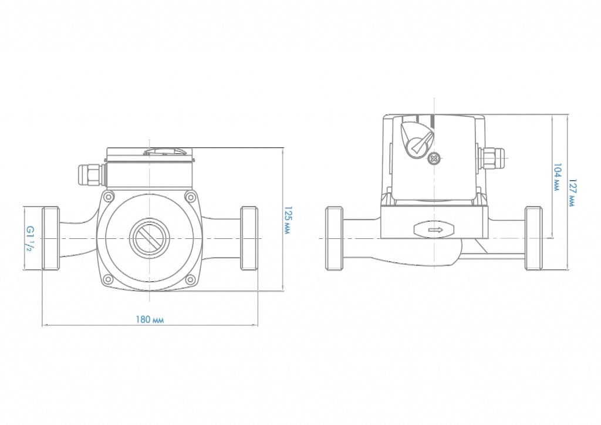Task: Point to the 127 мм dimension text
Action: pyautogui.click(x=572, y=192)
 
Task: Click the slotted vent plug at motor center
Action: pyautogui.click(x=150, y=238)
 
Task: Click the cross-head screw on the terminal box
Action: pyautogui.click(x=434, y=158)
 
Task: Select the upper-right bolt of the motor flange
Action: pyautogui.click(x=189, y=196)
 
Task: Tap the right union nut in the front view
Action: pyautogui.click(x=249, y=238)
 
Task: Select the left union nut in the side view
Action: pyautogui.click(x=334, y=238)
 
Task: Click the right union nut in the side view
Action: pyautogui.click(x=534, y=238)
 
